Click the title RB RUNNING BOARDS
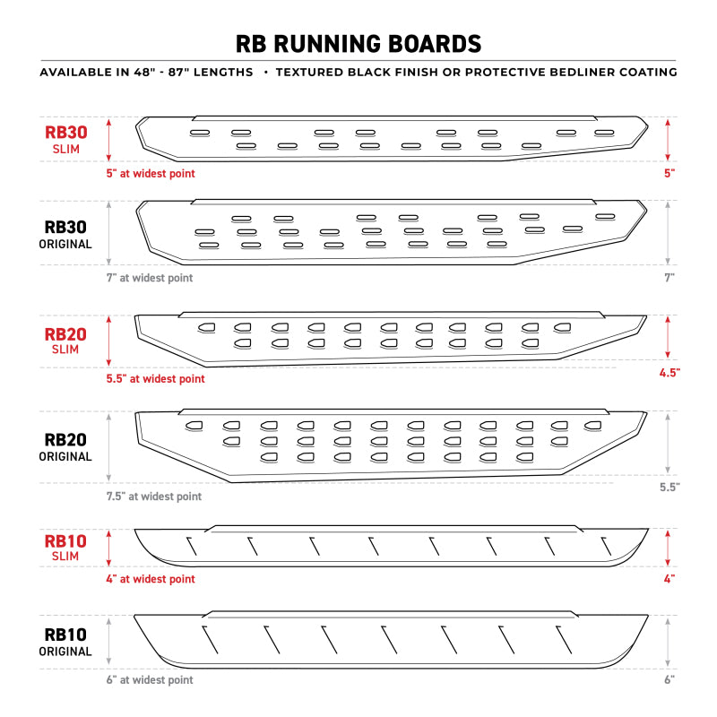pos(358,44)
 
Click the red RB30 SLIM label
pos(66,139)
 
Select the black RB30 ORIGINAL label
pos(66,235)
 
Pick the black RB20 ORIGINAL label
pos(66,447)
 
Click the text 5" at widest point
pos(151,173)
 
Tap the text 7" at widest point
pos(150,278)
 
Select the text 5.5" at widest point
pos(155,379)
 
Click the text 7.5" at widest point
pos(154,497)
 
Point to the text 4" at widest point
pos(151,579)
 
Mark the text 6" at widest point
pos(150,680)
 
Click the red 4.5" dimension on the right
pos(668,371)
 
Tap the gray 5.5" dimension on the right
pos(668,487)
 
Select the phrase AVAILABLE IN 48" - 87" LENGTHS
pos(146,72)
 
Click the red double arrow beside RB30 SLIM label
pos(108,139)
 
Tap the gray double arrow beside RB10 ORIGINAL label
pos(108,643)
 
